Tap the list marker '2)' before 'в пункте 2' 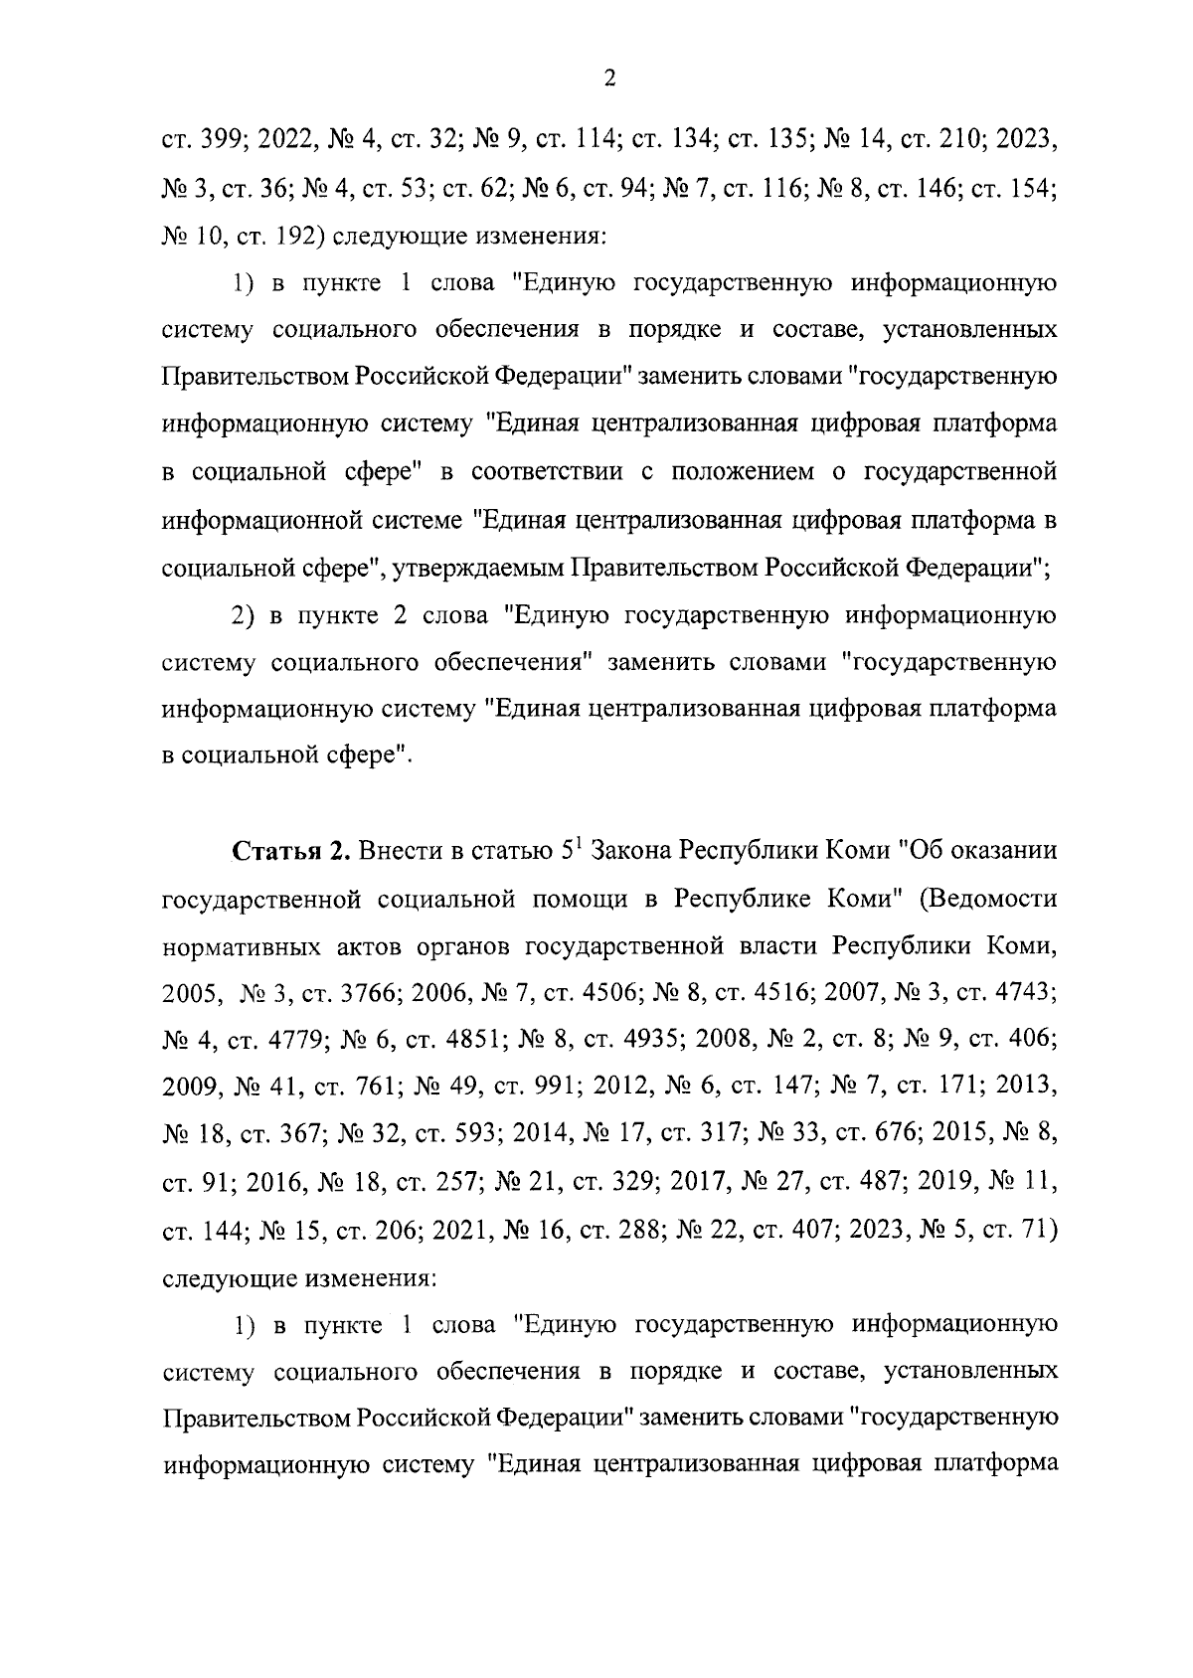click(x=246, y=615)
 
